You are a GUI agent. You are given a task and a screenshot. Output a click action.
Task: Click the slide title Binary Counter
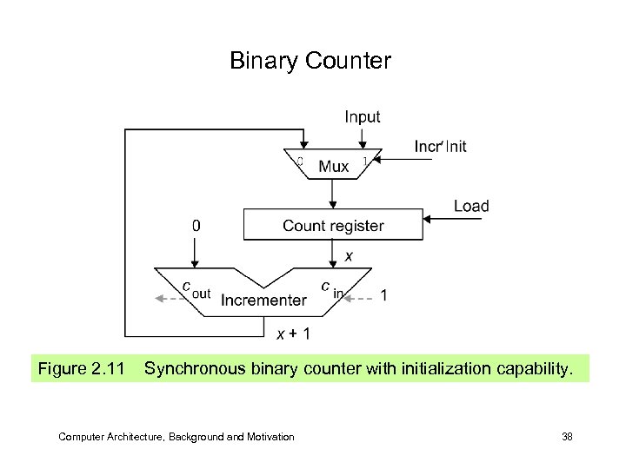[x=310, y=61]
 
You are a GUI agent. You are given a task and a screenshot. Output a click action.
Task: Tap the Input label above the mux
[x=362, y=116]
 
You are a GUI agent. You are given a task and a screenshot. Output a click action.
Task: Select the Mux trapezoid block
[x=333, y=165]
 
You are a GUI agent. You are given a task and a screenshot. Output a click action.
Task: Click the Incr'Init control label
[x=440, y=146]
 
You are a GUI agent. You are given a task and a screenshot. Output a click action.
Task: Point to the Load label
[x=471, y=206]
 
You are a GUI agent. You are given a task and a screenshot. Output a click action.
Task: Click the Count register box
[x=333, y=226]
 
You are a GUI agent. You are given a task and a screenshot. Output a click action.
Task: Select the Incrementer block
[x=263, y=300]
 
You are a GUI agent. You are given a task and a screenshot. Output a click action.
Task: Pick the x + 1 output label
[x=293, y=334]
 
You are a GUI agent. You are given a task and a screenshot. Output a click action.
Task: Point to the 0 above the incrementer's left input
[x=196, y=226]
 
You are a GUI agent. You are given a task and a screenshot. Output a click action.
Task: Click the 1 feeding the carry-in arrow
[x=384, y=295]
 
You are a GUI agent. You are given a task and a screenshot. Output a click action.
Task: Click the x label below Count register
[x=349, y=256]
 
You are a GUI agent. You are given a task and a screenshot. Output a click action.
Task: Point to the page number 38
[x=567, y=436]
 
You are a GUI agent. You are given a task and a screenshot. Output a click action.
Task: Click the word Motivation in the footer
[x=267, y=436]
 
